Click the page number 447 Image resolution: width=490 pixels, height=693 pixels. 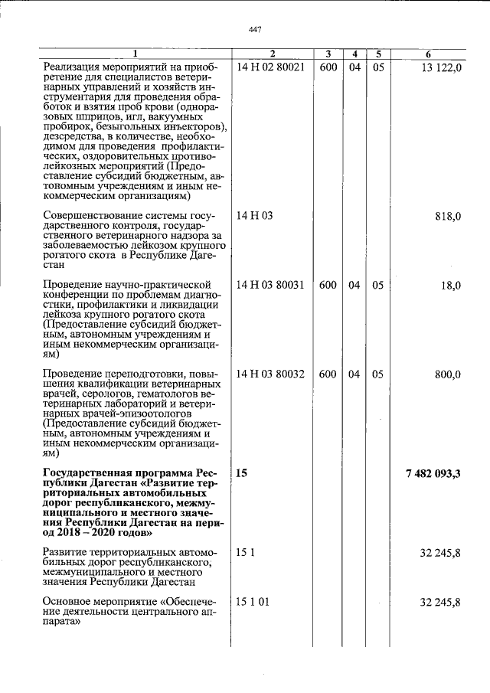click(x=256, y=29)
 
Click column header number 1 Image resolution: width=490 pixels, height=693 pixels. click(x=136, y=54)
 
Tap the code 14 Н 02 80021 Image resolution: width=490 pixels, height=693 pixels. click(x=271, y=67)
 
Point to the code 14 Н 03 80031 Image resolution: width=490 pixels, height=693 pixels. click(x=271, y=285)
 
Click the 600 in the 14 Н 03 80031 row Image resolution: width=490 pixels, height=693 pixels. click(x=328, y=285)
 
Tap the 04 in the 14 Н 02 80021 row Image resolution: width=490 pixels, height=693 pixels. click(x=354, y=67)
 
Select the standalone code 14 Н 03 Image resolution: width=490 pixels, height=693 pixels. click(x=254, y=216)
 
